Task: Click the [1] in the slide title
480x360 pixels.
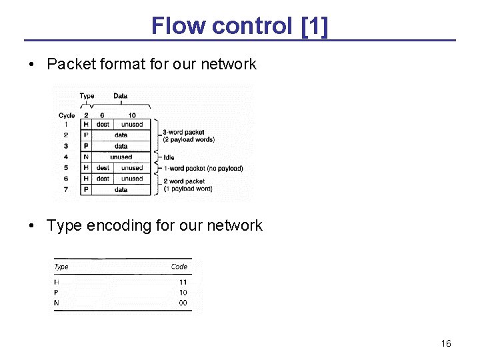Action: coord(314,26)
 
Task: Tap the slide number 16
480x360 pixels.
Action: coord(446,343)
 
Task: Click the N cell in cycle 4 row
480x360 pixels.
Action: coord(86,157)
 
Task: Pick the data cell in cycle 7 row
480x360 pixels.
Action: coord(121,189)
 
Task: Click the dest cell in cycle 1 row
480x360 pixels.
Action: coord(103,124)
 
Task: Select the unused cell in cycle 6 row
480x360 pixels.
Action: coord(132,179)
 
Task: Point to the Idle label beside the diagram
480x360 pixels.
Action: coord(169,157)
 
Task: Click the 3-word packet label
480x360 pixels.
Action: coord(184,132)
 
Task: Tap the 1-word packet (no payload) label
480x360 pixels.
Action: coord(203,168)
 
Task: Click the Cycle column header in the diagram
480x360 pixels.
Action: coord(67,115)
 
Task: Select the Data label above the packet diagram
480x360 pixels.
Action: coord(120,96)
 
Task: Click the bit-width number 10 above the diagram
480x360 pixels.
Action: coord(132,115)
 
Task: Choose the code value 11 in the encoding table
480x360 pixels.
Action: coord(183,282)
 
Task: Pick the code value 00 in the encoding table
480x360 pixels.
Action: coord(183,303)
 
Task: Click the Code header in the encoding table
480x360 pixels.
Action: coord(179,267)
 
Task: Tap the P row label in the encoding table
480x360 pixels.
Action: coord(57,293)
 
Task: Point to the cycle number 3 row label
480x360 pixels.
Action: coord(66,146)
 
